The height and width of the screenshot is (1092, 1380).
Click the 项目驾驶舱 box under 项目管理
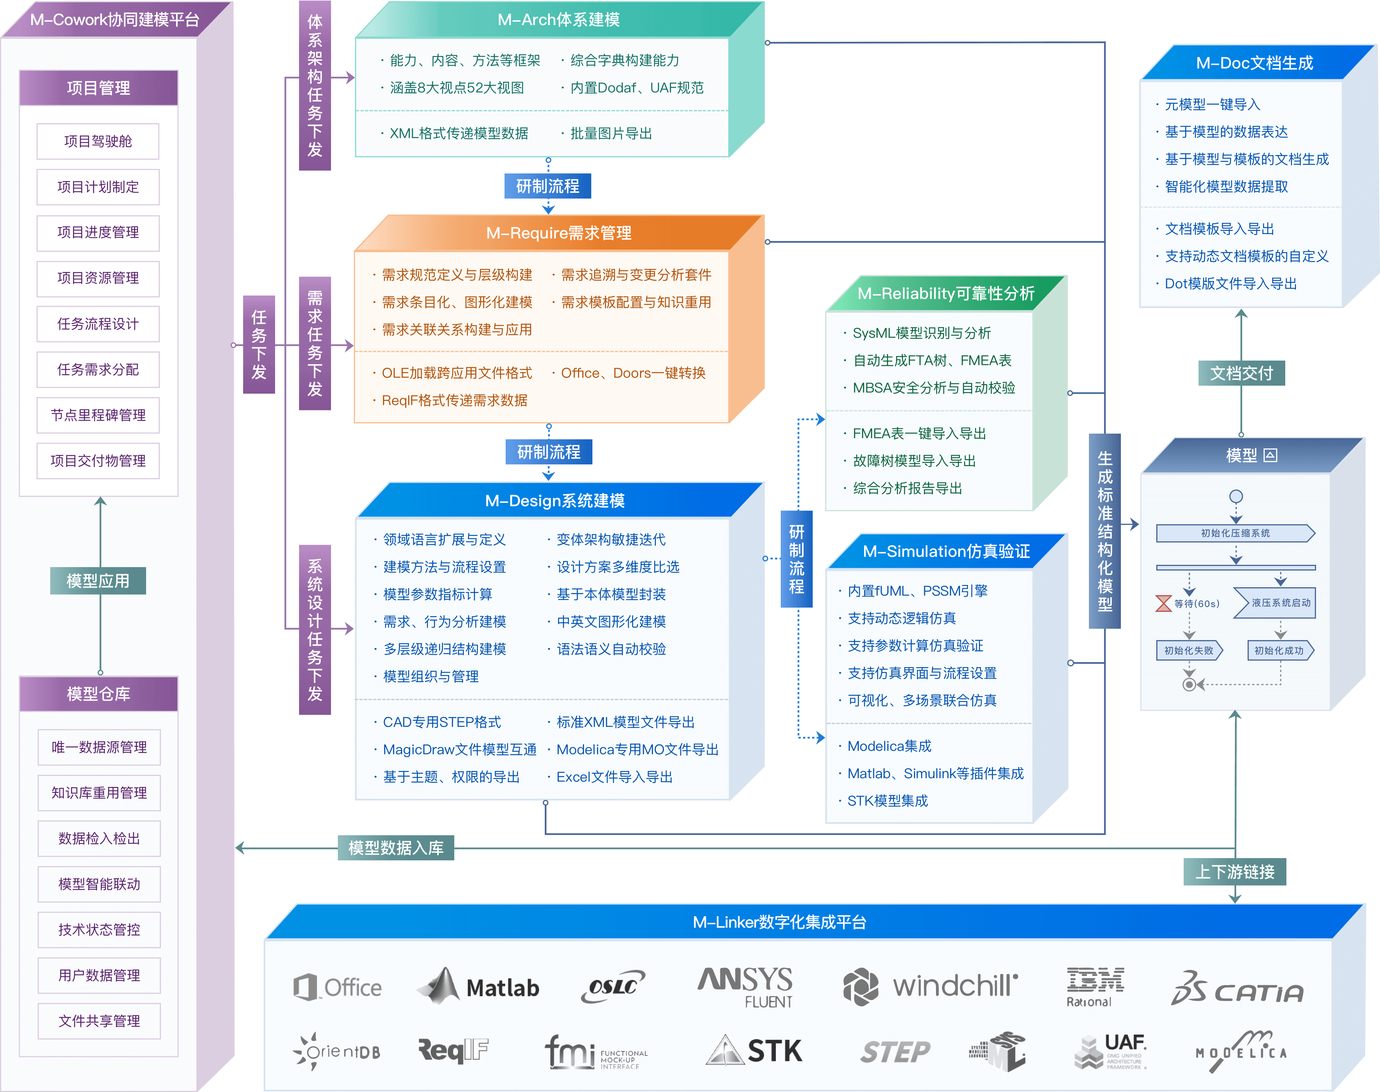coord(98,141)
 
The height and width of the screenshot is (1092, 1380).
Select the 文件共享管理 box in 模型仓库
coord(99,1021)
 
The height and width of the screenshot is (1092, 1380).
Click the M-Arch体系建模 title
coord(558,20)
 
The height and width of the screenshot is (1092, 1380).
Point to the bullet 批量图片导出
coord(611,134)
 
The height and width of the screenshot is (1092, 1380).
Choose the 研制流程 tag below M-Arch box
coord(548,186)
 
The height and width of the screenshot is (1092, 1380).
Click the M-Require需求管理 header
coord(558,234)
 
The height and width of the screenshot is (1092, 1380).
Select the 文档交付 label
coord(1241,374)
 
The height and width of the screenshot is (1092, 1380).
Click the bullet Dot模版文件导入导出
coord(1230,284)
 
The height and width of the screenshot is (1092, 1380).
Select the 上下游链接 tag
coord(1235,872)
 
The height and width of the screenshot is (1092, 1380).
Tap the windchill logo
coord(930,987)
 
